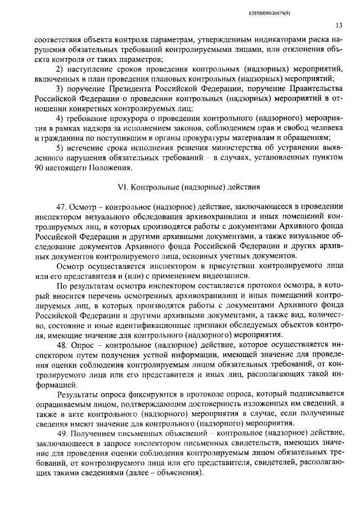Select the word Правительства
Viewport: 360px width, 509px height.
(x=314, y=89)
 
